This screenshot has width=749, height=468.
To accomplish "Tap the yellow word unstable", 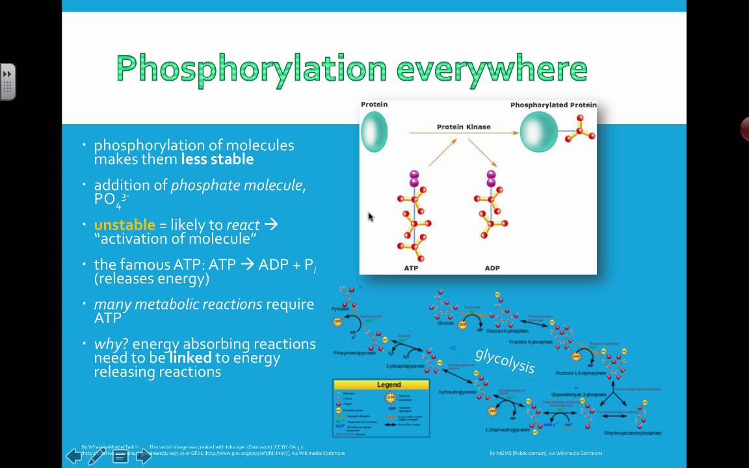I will pos(125,225).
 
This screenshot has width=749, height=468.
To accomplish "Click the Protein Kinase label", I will pos(464,127).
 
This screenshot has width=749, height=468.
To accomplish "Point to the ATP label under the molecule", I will pos(411,268).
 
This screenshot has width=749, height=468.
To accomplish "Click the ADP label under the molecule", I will pos(492,268).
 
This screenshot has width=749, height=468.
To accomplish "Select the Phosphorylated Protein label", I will pos(553,105).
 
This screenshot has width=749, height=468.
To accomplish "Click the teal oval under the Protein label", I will pos(374,132).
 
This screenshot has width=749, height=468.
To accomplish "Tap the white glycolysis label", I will pos(505,360).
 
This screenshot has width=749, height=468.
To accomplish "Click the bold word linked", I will pos(191,357).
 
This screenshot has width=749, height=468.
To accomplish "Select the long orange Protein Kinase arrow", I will pos(463,133).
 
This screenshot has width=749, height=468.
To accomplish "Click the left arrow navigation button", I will pos(73,456).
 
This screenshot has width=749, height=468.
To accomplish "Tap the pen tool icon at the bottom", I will pos(96,456).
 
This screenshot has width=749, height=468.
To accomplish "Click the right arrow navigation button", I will pos(144,456).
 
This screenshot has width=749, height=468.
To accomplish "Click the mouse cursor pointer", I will pos(371,217).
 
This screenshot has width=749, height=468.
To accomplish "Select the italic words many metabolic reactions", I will pos(177,304).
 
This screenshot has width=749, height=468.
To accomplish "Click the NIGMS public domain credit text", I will pos(545,453).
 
